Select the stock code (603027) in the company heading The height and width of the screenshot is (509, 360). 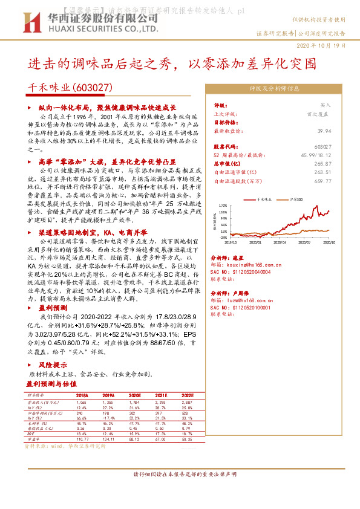93,88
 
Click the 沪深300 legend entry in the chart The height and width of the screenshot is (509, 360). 296,198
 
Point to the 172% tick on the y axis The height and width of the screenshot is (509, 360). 223,206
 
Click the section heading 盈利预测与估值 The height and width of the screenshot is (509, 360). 52,383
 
